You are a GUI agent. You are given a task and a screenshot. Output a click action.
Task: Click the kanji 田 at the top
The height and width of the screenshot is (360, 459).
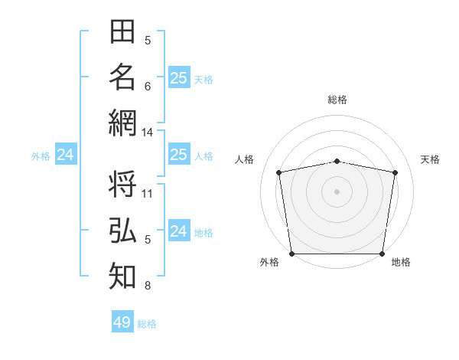[122, 33]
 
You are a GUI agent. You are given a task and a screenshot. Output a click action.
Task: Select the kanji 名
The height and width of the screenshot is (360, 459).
[122, 77]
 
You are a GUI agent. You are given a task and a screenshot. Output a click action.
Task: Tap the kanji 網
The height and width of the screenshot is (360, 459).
[122, 122]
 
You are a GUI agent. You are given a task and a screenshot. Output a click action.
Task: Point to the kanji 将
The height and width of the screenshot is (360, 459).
[122, 186]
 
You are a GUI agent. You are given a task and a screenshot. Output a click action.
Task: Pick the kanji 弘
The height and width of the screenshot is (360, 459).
[122, 231]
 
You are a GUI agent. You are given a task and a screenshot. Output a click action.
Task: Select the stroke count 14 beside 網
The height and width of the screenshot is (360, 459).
[147, 133]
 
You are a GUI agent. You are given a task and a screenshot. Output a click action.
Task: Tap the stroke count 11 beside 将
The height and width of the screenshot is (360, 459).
[148, 193]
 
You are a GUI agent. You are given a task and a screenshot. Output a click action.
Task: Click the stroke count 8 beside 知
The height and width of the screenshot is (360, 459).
[148, 286]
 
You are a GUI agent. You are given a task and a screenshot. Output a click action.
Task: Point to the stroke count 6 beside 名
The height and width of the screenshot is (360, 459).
[148, 86]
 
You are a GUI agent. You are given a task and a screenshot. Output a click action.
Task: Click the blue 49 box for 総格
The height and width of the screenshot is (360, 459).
[122, 322]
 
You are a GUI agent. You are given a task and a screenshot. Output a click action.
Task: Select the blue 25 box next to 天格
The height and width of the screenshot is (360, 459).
[178, 78]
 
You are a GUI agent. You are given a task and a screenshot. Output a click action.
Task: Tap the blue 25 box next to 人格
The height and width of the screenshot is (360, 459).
[178, 155]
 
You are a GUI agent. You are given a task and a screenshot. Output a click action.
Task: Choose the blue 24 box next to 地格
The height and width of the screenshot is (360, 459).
[178, 231]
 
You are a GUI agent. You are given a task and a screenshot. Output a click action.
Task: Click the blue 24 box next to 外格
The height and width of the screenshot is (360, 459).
[66, 155]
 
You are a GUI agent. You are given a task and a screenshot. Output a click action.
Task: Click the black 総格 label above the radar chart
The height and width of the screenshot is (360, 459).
[337, 100]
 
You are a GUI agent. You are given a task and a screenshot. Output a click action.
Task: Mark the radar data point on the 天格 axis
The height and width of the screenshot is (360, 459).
[395, 172]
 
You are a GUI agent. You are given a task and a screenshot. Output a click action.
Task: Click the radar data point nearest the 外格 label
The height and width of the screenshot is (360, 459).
[291, 254]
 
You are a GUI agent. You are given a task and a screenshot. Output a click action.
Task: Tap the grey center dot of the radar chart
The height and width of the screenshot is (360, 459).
[337, 191]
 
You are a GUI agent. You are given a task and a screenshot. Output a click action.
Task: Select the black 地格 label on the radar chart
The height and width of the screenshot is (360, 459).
[401, 263]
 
